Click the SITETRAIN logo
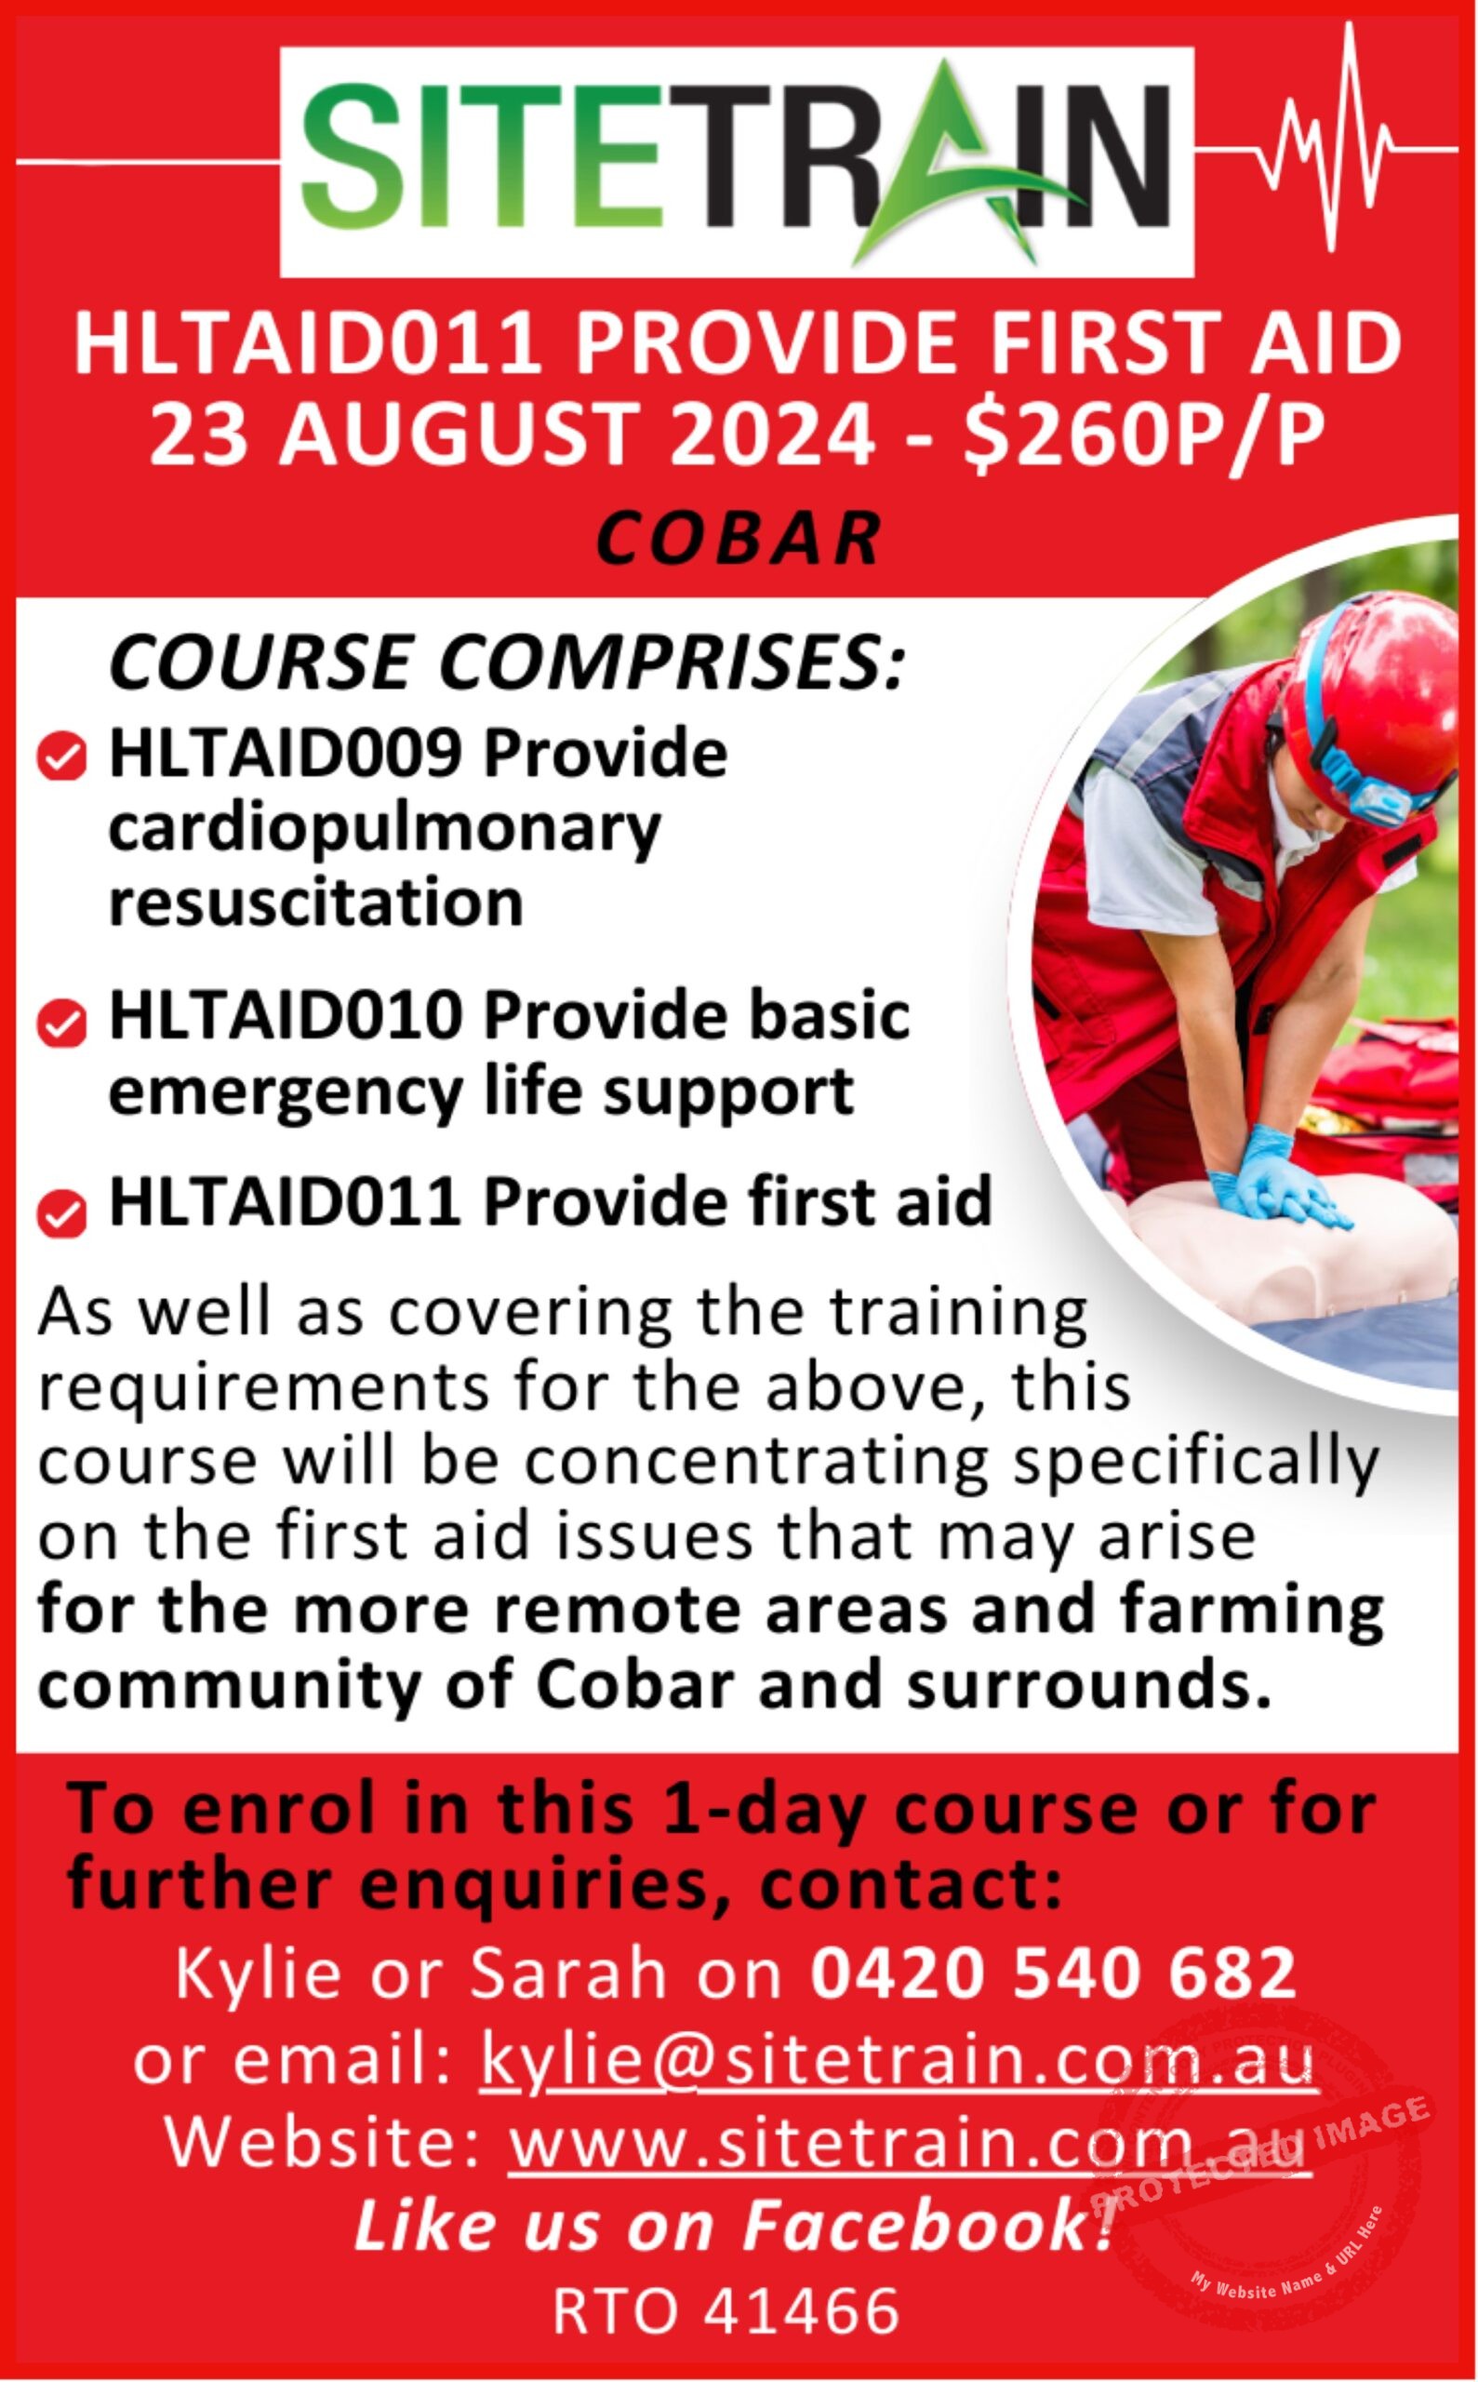[737, 160]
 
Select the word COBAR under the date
[738, 539]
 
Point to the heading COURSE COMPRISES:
[506, 662]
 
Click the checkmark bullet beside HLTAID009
[61, 757]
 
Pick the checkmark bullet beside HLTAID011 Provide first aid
[61, 1213]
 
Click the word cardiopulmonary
[385, 833]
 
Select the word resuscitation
[315, 903]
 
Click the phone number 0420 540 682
[1053, 1972]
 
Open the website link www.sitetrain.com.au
[909, 2145]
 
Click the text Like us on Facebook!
[733, 2227]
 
